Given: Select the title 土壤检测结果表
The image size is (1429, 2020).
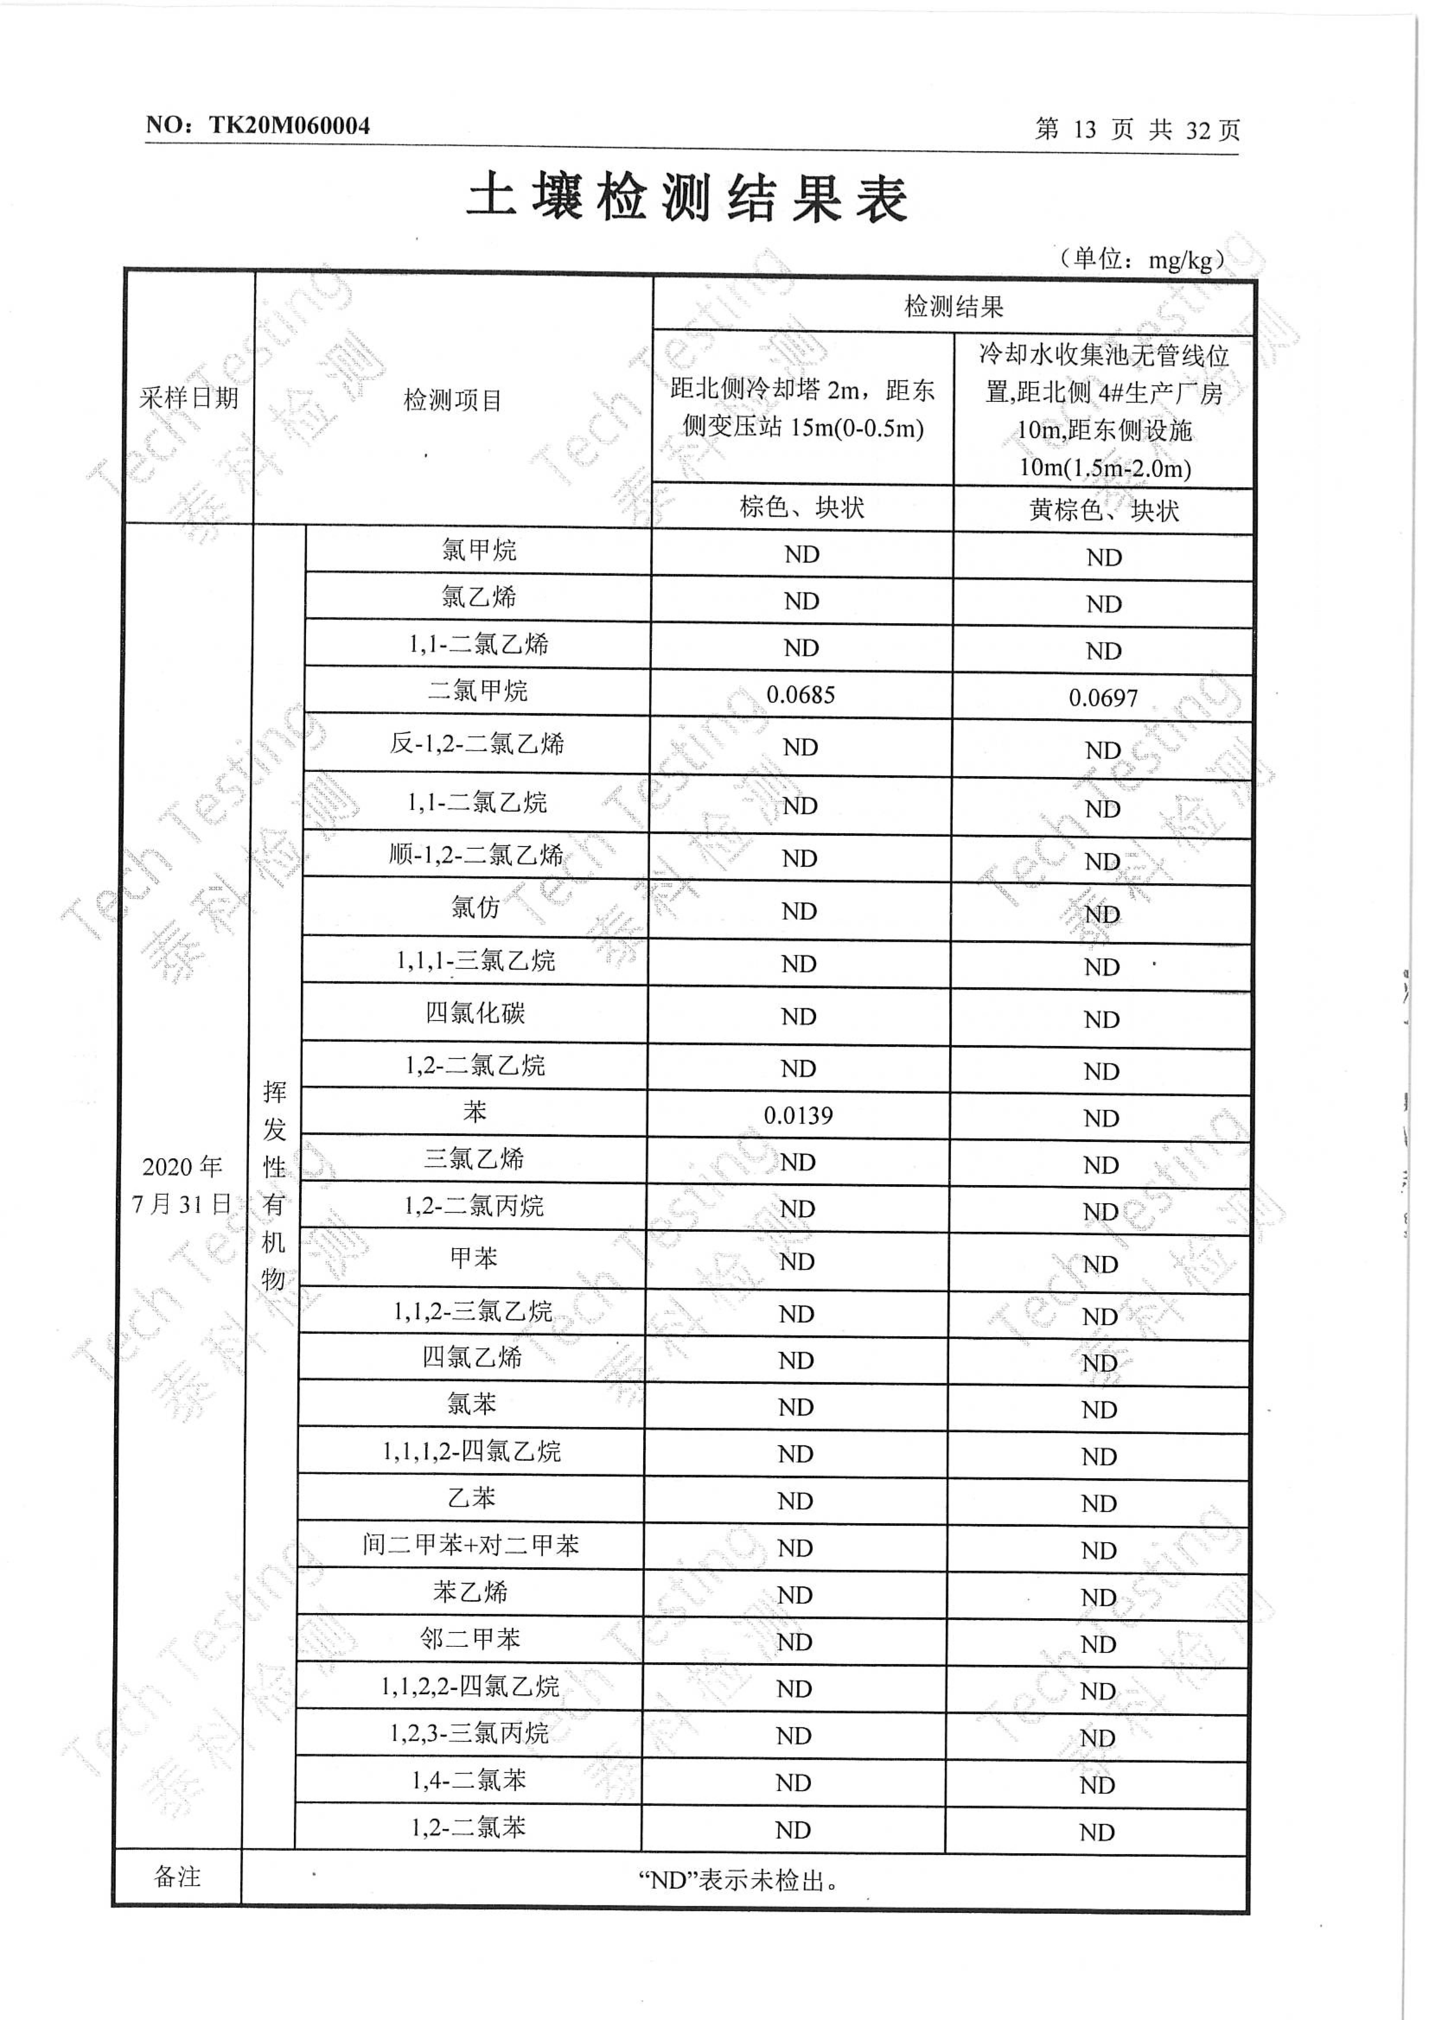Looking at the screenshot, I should point(687,197).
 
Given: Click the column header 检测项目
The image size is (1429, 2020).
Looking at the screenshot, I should point(452,400).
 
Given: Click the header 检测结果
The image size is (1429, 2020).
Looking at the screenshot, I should point(954,306).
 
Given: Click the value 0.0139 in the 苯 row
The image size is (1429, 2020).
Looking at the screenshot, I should point(798,1116).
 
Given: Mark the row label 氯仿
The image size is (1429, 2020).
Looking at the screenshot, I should point(476,907).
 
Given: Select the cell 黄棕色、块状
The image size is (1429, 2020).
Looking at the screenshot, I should point(1103,510).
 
